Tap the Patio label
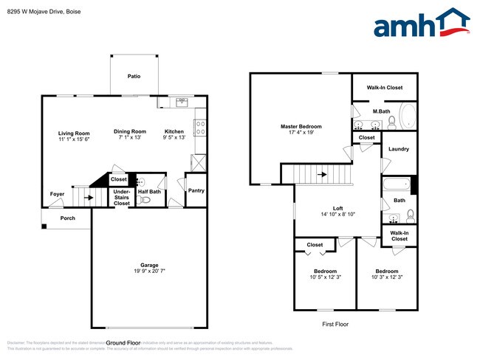134,76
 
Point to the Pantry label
196,190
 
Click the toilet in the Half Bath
145,199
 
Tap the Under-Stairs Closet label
121,197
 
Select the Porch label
67,218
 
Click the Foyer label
57,194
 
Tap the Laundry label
399,149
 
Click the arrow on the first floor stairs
322,175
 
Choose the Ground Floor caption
123,343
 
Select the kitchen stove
199,127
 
